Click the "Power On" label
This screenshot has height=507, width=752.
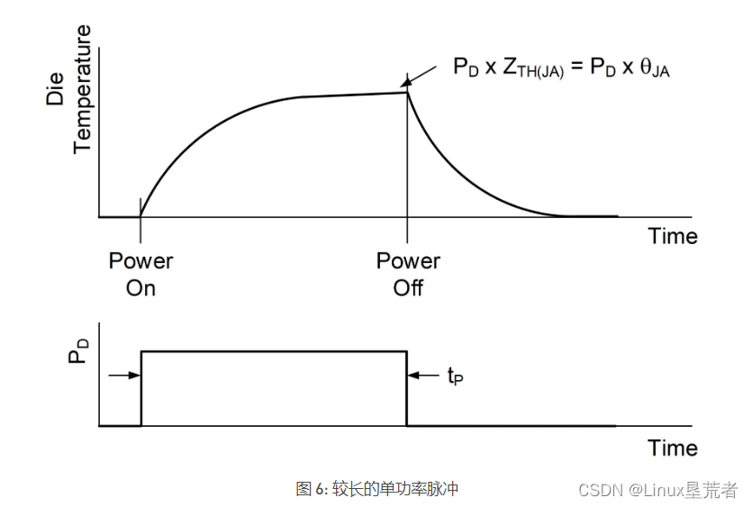[140, 275]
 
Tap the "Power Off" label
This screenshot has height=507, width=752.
[408, 275]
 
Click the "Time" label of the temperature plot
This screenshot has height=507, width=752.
[673, 236]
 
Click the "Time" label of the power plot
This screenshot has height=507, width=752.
[673, 448]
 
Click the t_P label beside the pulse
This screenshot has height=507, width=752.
[456, 376]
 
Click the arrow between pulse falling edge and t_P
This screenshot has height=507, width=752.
[423, 376]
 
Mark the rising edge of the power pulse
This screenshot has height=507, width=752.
[141, 387]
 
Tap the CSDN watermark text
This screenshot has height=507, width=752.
[657, 490]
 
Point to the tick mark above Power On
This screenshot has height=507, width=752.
[140, 206]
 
